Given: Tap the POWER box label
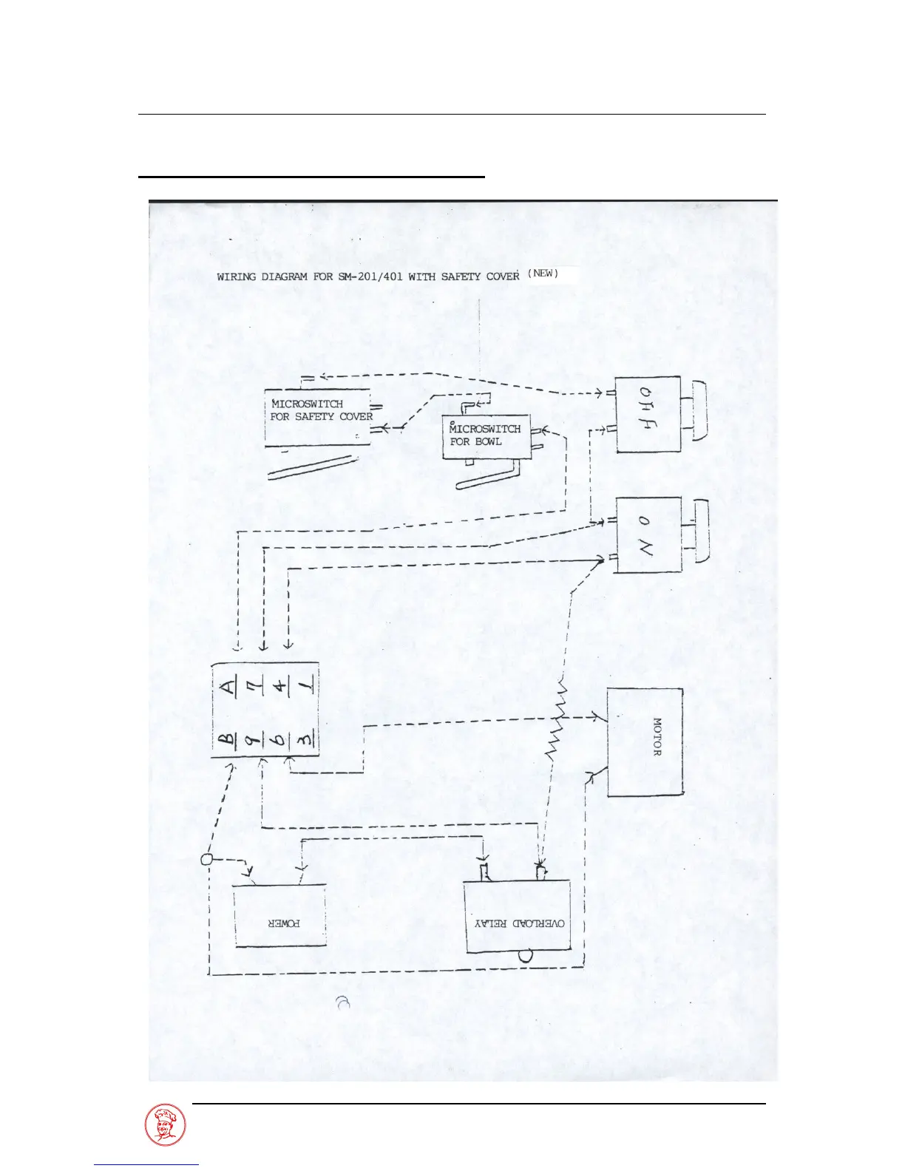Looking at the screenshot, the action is [x=284, y=923].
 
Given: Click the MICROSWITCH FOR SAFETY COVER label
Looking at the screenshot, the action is [x=321, y=410].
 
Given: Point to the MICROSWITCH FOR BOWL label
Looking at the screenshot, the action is [x=485, y=435].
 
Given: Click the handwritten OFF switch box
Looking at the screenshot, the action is [x=647, y=414].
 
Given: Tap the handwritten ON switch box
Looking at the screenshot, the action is [x=647, y=534].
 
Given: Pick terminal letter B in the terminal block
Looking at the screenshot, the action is [x=228, y=739].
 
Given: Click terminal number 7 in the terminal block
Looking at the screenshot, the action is [x=258, y=688].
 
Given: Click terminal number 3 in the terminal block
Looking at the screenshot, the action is [x=305, y=739].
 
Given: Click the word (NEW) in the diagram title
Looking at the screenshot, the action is [x=543, y=274].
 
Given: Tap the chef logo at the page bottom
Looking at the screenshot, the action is [x=165, y=1125].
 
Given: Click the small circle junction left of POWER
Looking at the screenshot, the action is [x=208, y=859].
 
